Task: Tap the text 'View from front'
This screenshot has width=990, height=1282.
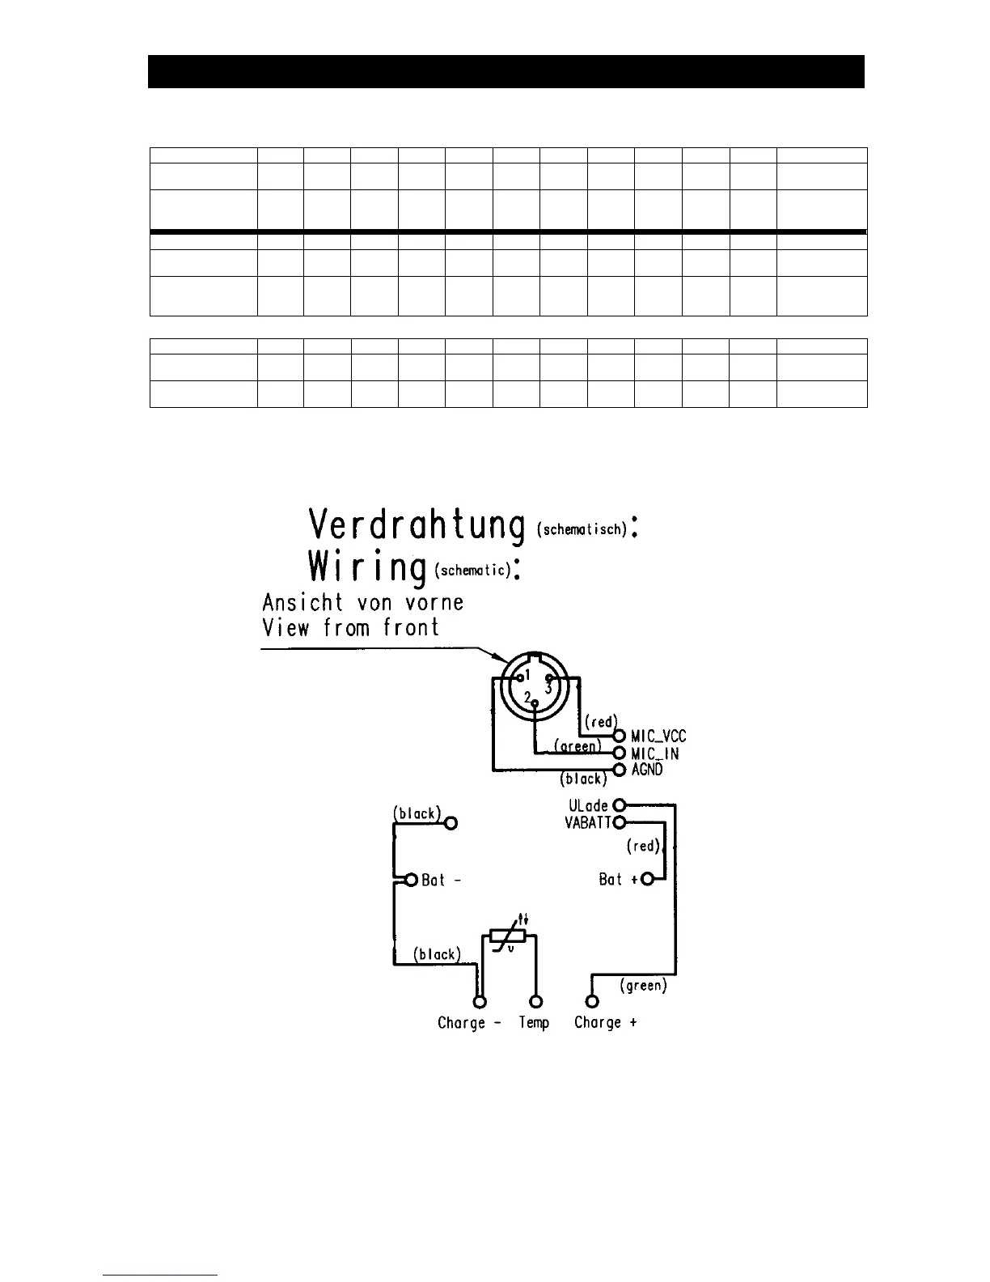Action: [350, 627]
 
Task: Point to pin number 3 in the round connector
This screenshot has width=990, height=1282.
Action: [548, 688]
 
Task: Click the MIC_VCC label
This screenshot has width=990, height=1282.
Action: [658, 736]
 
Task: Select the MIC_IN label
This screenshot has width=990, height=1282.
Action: [654, 753]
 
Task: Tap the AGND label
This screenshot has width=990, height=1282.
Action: [647, 770]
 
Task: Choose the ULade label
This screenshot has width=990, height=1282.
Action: [588, 806]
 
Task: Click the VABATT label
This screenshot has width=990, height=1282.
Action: [589, 823]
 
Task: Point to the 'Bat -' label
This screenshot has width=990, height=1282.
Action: [442, 880]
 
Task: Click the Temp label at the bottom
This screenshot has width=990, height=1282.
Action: [534, 1023]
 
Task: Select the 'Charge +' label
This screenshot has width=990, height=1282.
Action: [605, 1023]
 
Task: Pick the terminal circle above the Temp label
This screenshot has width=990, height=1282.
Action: [535, 1002]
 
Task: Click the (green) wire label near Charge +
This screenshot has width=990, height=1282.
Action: [643, 986]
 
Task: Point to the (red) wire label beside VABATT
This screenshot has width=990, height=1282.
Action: [643, 847]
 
